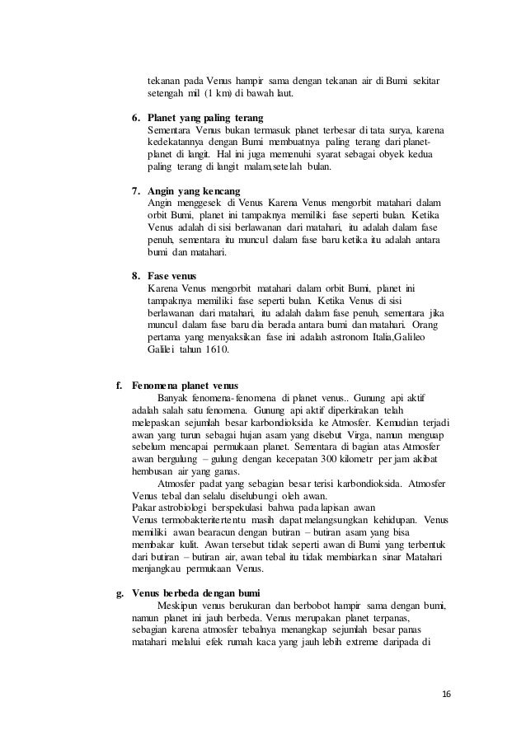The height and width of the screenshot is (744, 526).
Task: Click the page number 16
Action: [x=446, y=694]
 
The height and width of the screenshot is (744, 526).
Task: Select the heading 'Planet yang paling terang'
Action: [x=199, y=118]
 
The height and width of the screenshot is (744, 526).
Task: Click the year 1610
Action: [x=215, y=349]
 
